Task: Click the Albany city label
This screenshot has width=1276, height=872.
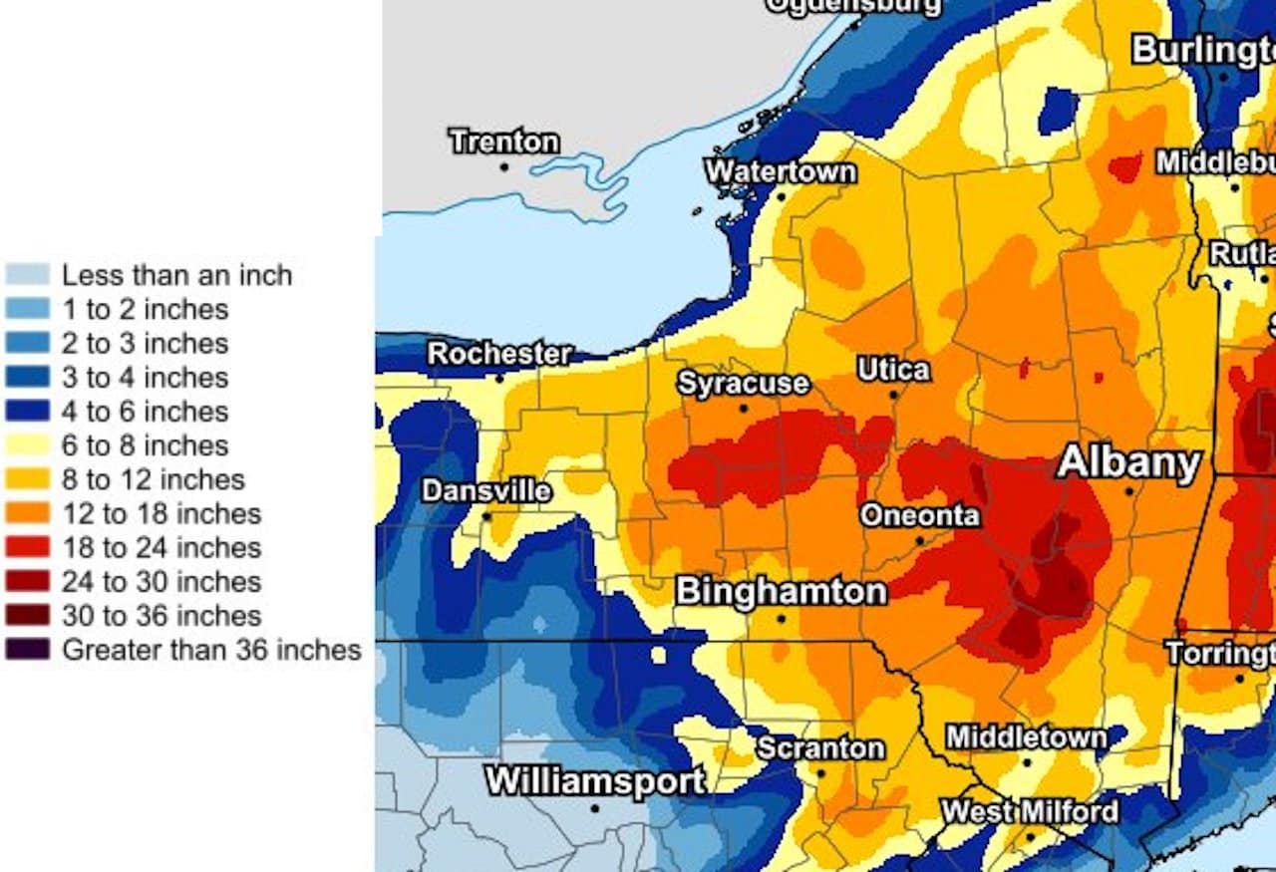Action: pos(1128,463)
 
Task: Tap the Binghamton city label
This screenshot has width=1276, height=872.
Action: pos(782,591)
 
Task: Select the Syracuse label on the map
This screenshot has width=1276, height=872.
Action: pos(744,384)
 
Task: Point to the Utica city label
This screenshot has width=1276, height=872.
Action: pos(894,370)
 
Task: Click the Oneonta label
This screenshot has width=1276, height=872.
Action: pos(920,516)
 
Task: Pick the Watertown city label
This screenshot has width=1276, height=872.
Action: pos(781,171)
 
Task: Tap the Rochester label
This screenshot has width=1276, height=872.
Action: pos(499,354)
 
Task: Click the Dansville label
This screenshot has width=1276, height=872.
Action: pos(486,491)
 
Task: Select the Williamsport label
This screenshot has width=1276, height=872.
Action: pos(595,781)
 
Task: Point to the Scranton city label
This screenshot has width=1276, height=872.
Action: pos(820,748)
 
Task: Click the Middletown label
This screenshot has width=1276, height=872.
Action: pos(1026,738)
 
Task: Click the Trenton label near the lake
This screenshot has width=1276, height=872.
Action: pos(503,142)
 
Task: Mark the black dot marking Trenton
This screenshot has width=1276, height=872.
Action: pos(504,167)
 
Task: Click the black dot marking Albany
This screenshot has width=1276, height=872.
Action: pos(1129,491)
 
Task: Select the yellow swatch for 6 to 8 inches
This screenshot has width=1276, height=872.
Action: pos(27,445)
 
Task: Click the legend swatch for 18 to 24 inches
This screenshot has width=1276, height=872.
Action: pos(27,547)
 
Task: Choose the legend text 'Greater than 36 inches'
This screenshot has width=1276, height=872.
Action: pos(211,650)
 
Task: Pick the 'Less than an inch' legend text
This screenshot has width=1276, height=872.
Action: pos(176,275)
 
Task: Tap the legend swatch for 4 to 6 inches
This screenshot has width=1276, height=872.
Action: pos(27,412)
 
